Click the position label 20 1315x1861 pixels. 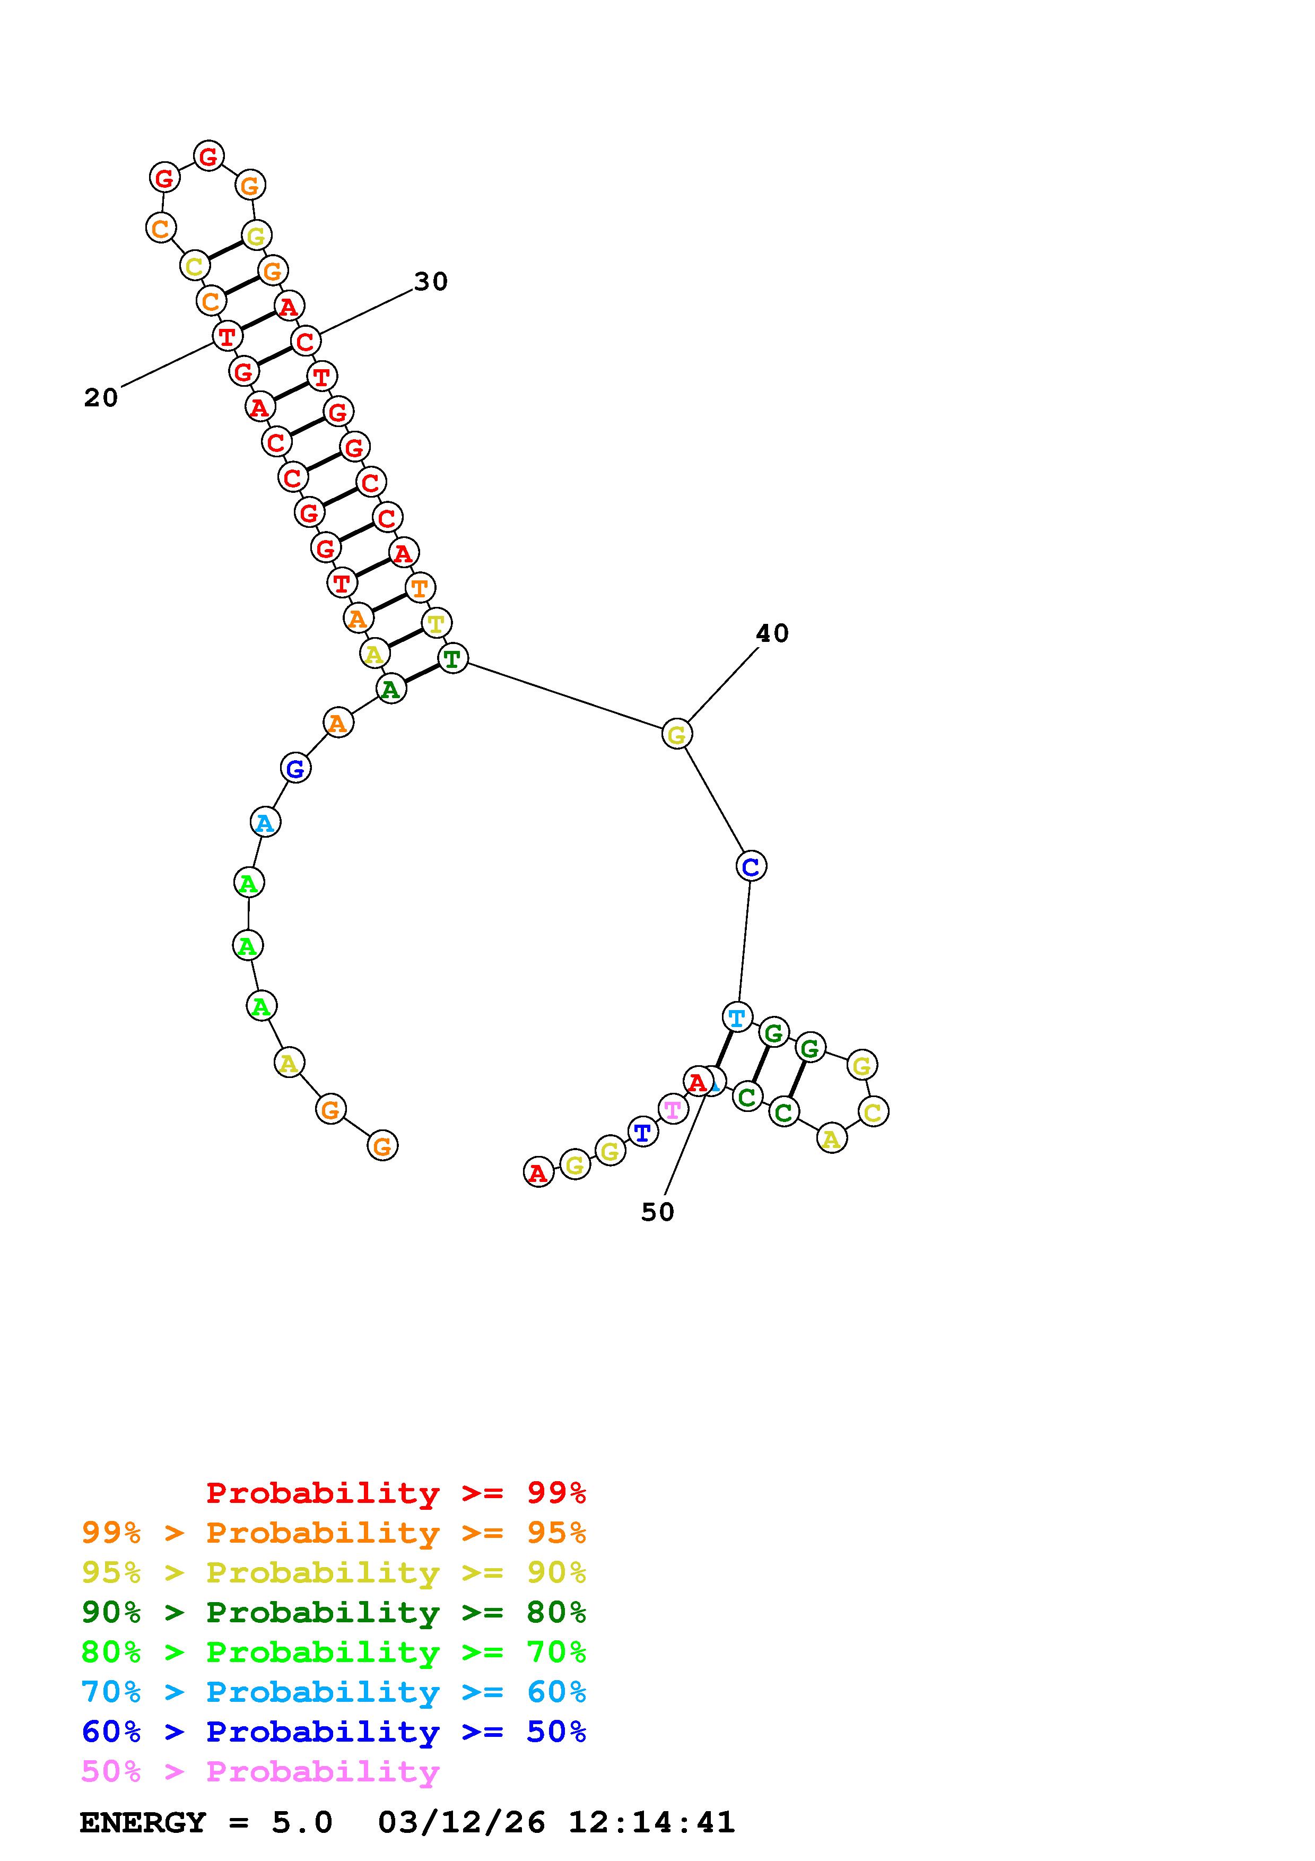(x=101, y=397)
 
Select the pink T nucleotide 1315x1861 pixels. (x=673, y=1108)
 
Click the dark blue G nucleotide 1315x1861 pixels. (x=296, y=768)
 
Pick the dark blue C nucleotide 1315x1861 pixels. (x=751, y=866)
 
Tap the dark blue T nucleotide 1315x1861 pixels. (x=642, y=1132)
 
